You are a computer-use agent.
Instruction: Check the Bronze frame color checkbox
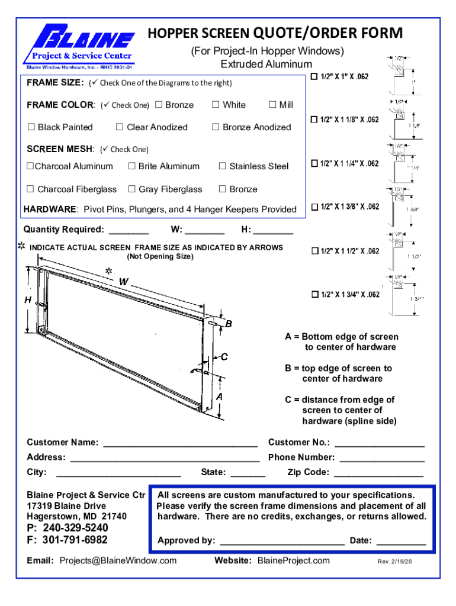[x=158, y=105]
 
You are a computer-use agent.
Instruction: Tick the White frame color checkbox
[x=216, y=105]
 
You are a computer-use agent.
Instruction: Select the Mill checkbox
[x=272, y=105]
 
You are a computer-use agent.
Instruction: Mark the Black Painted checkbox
[x=31, y=127]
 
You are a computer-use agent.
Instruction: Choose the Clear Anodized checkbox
[x=120, y=127]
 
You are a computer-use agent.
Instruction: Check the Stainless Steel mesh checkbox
[x=222, y=166]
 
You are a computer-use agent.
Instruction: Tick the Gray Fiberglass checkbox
[x=131, y=189]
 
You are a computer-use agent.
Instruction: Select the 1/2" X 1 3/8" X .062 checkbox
[x=314, y=207]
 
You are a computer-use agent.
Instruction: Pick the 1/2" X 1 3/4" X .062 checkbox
[x=314, y=294]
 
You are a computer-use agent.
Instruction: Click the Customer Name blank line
[x=180, y=443]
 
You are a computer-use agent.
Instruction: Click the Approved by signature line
[x=282, y=541]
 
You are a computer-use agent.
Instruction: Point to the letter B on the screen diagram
[x=229, y=324]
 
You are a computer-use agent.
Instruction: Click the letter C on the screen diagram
[x=224, y=356]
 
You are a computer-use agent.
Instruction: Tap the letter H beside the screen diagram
[x=28, y=300]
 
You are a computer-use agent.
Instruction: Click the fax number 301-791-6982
[x=75, y=540]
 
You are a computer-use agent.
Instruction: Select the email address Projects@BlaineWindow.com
[x=118, y=560]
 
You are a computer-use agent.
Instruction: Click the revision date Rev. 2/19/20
[x=394, y=562]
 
